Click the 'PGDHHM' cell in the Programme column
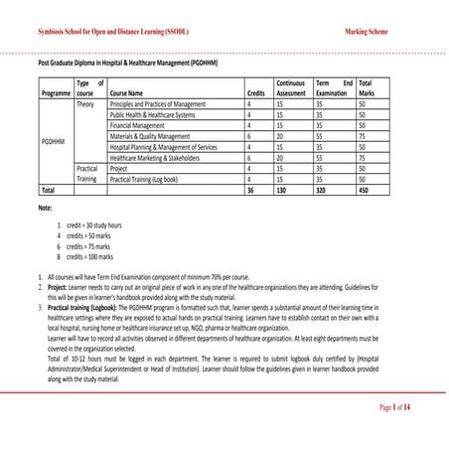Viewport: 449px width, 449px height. (55, 142)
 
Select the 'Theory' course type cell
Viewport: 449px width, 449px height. (86, 103)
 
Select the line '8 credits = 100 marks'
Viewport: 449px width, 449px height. (89, 258)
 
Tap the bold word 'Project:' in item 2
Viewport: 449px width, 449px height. (59, 284)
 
